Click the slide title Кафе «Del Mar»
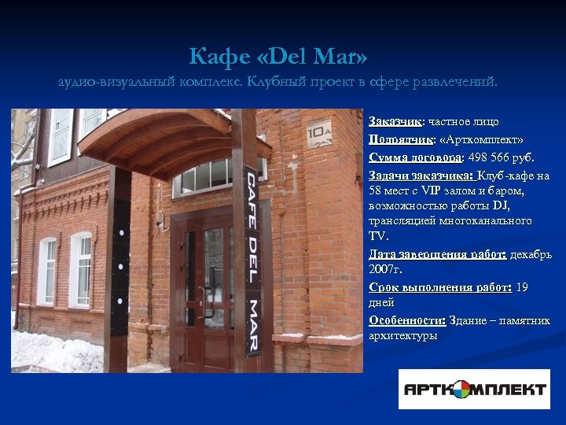277,57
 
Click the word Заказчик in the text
395,122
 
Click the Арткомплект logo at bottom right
474,389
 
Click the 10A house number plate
318,134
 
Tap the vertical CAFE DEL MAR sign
252,260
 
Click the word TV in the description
378,235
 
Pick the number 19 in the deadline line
522,287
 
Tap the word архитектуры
403,336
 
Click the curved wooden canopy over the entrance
173,138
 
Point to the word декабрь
531,254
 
